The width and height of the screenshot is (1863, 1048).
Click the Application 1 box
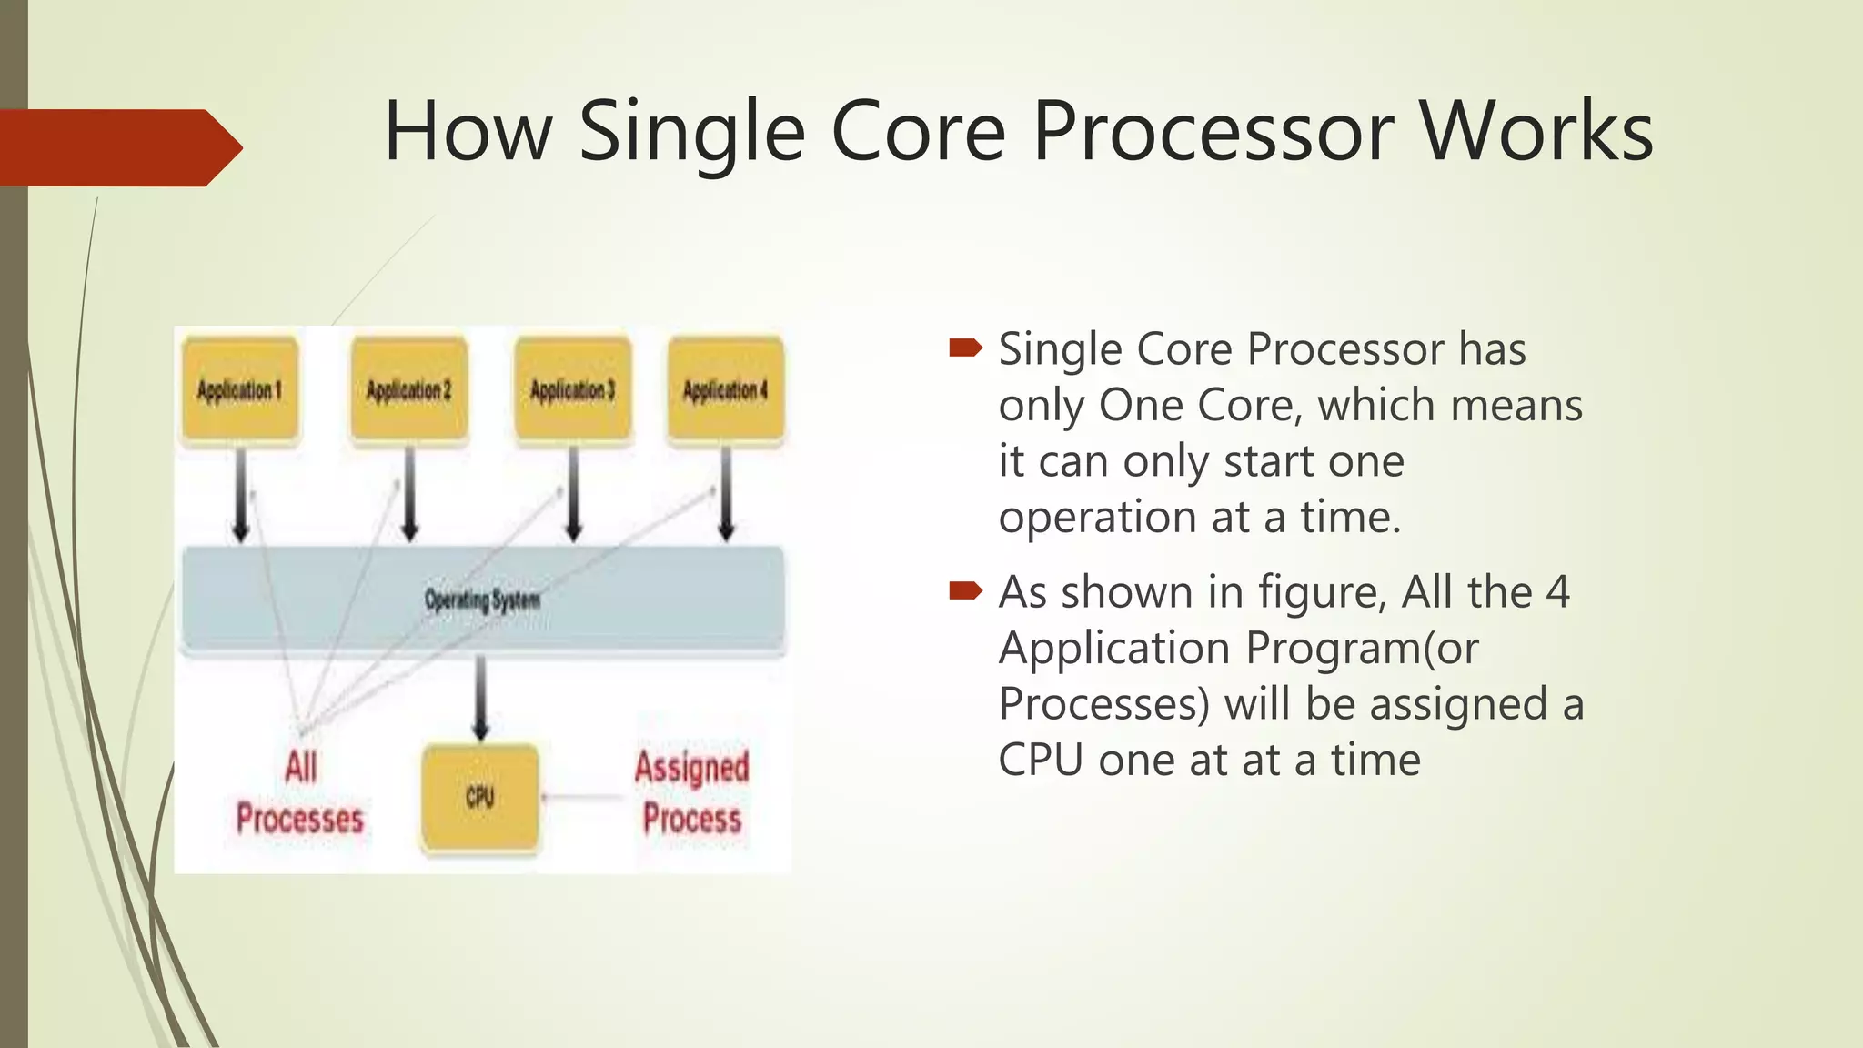coord(240,390)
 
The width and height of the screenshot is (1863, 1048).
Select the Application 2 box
coord(409,390)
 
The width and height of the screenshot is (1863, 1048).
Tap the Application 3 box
coord(572,390)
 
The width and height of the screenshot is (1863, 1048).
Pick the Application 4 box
coord(725,390)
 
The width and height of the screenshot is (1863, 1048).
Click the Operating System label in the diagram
coord(482,600)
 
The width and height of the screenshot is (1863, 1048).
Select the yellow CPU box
coord(480,798)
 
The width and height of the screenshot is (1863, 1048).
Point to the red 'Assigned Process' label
coord(692,792)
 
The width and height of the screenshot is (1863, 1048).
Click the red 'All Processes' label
coord(300,792)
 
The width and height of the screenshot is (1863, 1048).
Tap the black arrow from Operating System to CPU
coord(481,697)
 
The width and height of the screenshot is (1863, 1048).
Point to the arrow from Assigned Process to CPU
coord(582,798)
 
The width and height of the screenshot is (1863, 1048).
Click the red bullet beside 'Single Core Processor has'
coord(965,348)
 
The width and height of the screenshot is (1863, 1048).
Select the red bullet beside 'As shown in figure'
coord(965,591)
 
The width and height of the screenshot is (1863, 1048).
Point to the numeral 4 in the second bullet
coord(1557,592)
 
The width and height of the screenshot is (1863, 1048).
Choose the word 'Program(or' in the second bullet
coord(1362,649)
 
